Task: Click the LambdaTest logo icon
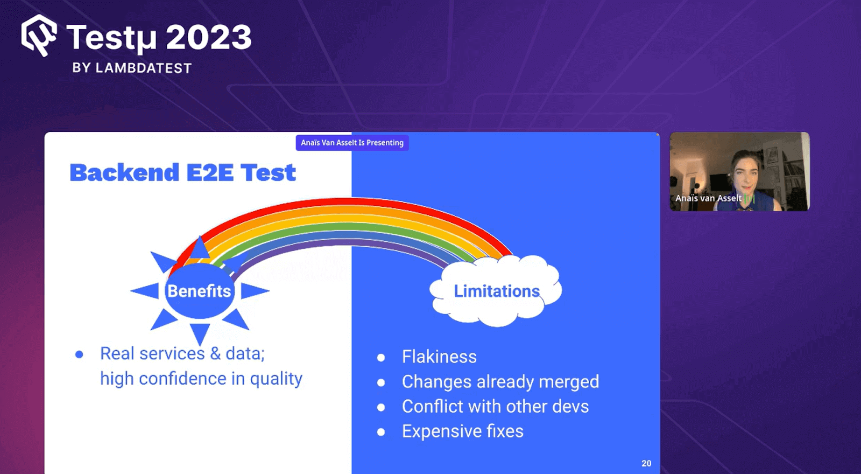coord(39,36)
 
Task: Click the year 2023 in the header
coord(208,38)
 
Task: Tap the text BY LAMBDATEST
coord(132,68)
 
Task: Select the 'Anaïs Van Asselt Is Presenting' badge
coord(352,143)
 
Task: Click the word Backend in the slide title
coord(124,173)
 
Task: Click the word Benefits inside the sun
coord(199,291)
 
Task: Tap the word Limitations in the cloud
coord(496,291)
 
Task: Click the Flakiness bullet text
coord(439,357)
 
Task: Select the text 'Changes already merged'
coord(500,381)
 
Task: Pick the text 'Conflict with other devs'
coord(495,406)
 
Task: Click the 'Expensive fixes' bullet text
coord(462,431)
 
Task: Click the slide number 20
coord(646,463)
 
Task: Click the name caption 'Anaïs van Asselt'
coord(708,198)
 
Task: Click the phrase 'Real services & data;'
coord(182,353)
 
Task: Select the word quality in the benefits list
coord(276,379)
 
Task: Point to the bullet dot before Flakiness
coord(381,358)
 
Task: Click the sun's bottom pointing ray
coord(200,333)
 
